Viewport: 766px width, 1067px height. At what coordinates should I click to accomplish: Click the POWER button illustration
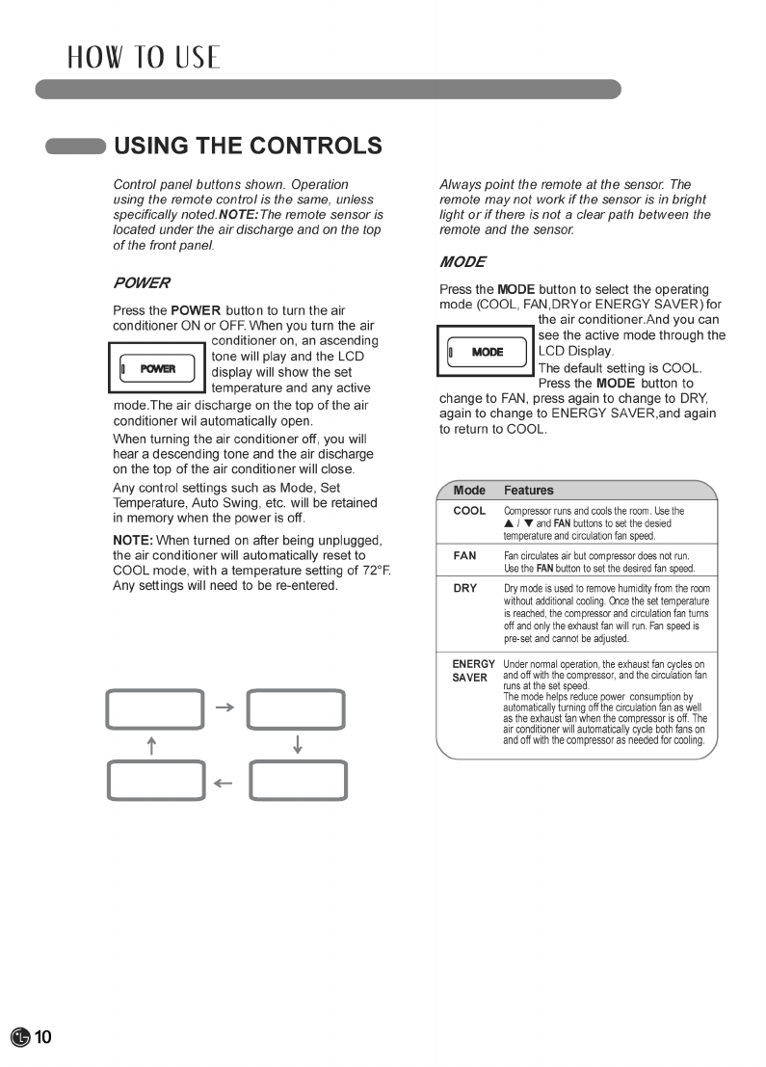(x=158, y=368)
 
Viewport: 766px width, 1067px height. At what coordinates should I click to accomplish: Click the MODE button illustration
(x=487, y=352)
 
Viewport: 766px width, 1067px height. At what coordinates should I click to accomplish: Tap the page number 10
(x=43, y=1037)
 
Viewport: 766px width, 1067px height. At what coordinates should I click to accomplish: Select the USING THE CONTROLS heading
(x=248, y=147)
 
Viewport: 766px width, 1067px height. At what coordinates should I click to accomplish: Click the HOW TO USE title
(x=144, y=58)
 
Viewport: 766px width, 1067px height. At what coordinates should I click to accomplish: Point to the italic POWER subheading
(x=142, y=283)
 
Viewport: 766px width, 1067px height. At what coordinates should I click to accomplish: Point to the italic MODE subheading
(x=462, y=262)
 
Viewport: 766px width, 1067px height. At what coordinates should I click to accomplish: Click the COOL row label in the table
(x=469, y=511)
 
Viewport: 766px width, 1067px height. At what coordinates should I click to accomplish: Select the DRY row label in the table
(x=465, y=588)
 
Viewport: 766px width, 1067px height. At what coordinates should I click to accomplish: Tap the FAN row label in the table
(x=465, y=556)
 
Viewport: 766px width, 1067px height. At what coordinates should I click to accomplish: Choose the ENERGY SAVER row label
(x=473, y=671)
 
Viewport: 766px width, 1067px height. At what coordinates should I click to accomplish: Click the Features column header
(x=529, y=490)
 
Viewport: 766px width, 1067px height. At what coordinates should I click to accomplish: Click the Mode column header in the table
(x=469, y=490)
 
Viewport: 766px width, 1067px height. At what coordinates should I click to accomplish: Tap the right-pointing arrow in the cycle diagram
(x=225, y=708)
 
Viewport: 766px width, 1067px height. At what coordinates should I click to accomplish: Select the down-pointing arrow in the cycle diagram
(x=297, y=745)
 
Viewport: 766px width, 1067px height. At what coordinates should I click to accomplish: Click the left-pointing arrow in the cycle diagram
(x=225, y=783)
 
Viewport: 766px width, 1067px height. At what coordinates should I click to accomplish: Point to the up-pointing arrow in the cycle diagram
(x=151, y=745)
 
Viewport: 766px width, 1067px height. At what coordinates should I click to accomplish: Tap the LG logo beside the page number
(x=20, y=1037)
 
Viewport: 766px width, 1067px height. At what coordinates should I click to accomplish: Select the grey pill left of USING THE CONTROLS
(x=75, y=147)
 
